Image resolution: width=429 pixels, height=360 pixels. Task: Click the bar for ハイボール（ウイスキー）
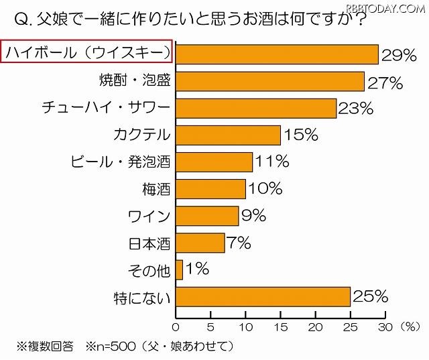click(x=277, y=54)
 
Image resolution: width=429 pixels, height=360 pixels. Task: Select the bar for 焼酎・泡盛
click(x=269, y=82)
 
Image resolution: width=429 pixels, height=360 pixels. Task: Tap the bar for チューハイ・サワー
click(x=255, y=108)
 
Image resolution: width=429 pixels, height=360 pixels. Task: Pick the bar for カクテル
click(x=228, y=135)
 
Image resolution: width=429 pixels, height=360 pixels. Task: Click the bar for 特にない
click(x=263, y=296)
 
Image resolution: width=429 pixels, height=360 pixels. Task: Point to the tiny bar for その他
click(x=179, y=269)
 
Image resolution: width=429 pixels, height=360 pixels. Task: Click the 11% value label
click(x=271, y=162)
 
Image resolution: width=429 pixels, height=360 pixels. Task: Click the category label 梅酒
click(x=158, y=189)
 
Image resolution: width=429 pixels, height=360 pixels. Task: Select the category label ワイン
click(x=150, y=216)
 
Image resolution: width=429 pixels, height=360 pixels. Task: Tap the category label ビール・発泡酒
click(x=121, y=162)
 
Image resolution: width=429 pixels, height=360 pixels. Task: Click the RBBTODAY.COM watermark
click(x=387, y=7)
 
